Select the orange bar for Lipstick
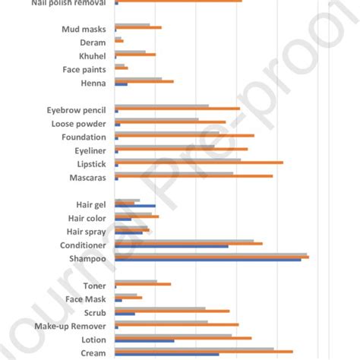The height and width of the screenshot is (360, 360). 198,162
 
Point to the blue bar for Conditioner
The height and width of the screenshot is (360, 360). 171,246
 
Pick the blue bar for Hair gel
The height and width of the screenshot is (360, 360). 134,205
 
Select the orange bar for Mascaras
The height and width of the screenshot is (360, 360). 193,175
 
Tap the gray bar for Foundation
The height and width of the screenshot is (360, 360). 166,132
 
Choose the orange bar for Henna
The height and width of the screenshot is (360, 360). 144,81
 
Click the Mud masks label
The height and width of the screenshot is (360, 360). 84,30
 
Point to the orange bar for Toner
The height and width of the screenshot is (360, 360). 142,284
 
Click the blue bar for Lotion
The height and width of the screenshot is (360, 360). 144,340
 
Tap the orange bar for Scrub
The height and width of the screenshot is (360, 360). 172,311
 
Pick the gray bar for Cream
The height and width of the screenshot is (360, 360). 194,349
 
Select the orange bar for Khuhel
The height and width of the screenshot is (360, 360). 134,55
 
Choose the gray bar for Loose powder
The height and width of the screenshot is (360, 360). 156,118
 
